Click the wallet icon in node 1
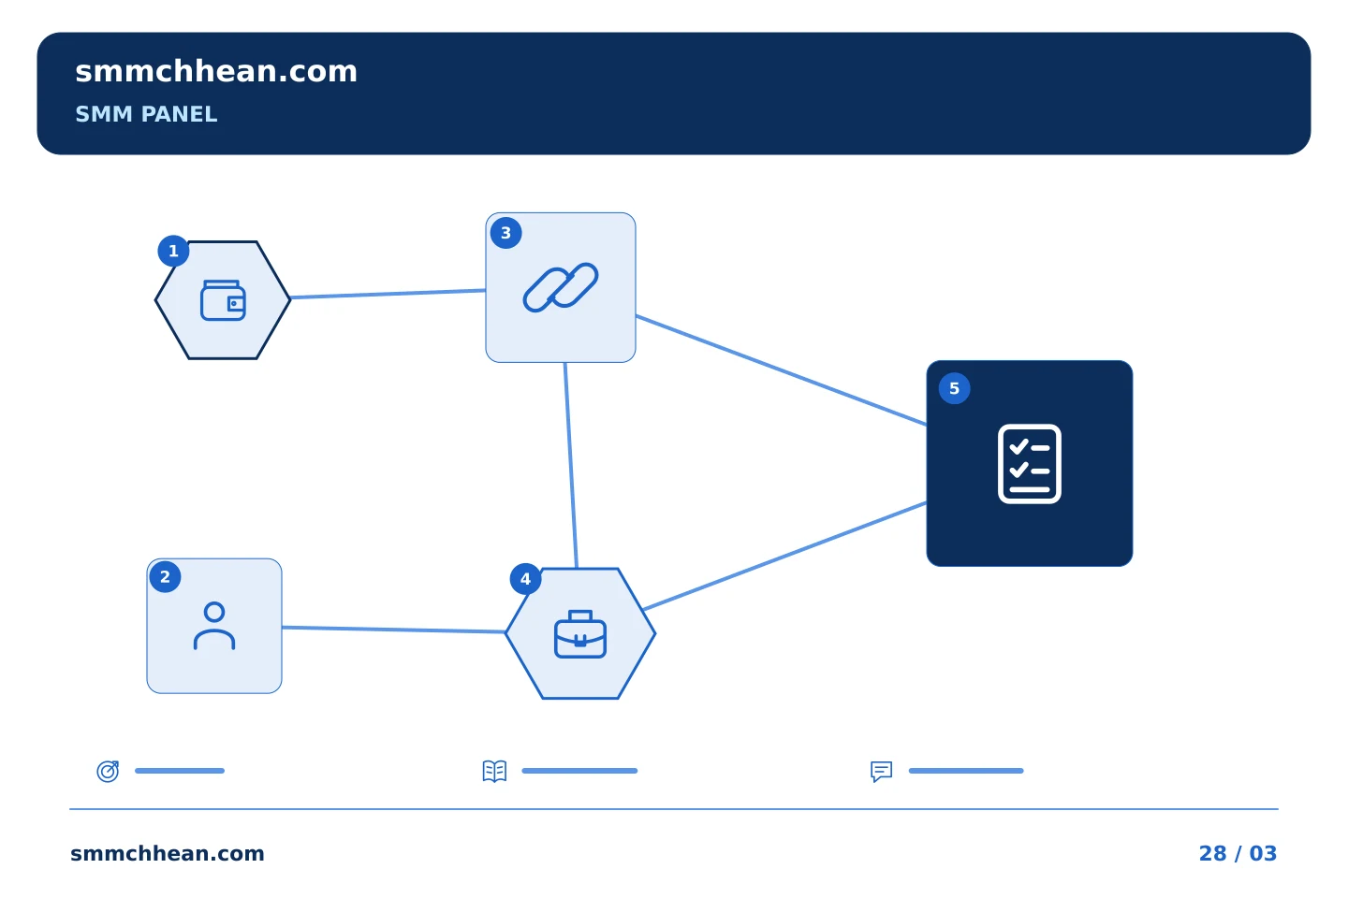tap(223, 300)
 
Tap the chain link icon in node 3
tap(560, 287)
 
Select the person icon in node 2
tap(214, 626)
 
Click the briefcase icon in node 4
tap(580, 634)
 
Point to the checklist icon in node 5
tap(1029, 464)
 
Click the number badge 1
tap(173, 251)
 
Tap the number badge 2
tap(165, 577)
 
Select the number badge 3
tap(505, 233)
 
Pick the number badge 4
tap(525, 579)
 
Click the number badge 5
tap(954, 388)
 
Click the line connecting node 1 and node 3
tap(388, 294)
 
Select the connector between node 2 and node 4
tap(393, 630)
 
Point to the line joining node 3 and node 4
tap(571, 466)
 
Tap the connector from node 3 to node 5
tap(781, 369)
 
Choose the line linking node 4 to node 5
tap(784, 557)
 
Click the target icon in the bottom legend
tap(109, 771)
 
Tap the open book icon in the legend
tap(494, 771)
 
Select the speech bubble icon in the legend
tap(882, 771)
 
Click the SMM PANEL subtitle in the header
tap(146, 114)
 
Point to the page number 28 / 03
tap(1238, 853)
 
